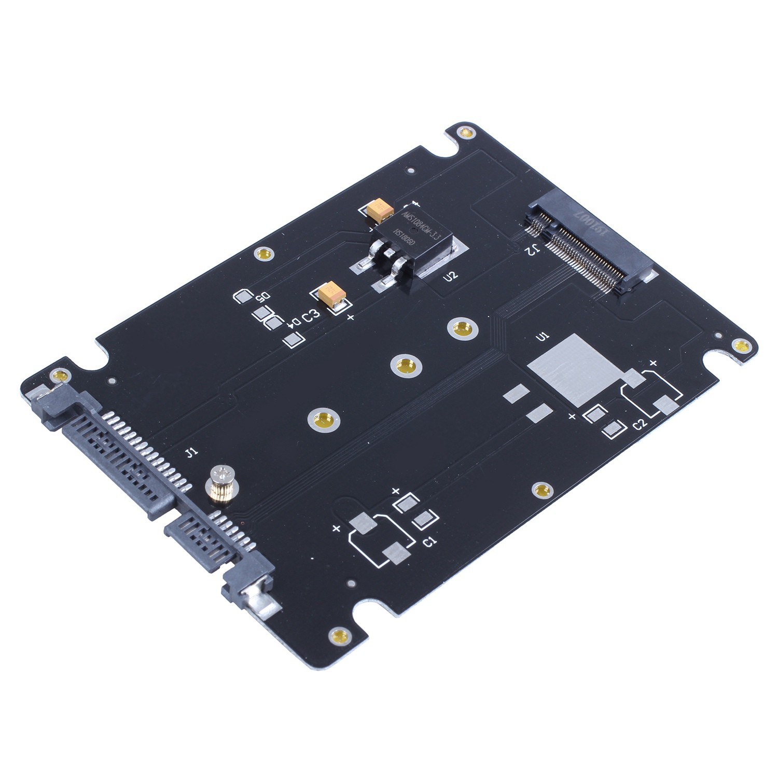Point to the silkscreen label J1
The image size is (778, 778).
(191, 453)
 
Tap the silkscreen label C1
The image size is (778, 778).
(430, 543)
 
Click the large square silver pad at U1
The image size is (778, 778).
(576, 369)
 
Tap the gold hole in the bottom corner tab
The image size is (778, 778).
(340, 635)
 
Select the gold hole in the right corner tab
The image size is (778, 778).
(740, 346)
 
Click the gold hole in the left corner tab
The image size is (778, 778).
(59, 374)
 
